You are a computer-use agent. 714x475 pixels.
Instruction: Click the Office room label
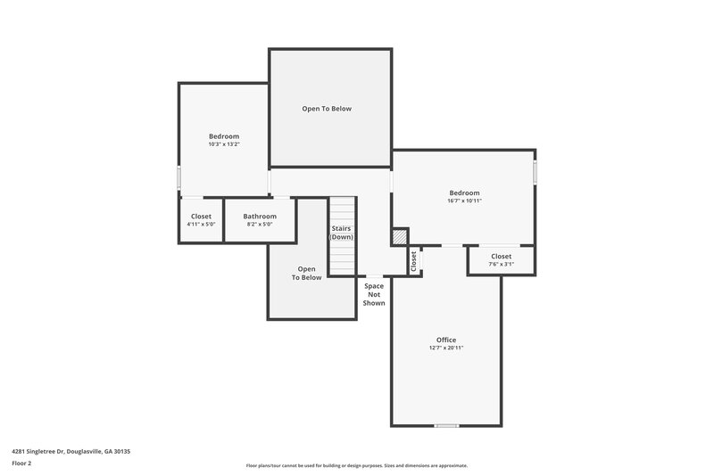(446, 340)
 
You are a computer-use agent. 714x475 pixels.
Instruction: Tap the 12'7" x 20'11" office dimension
(446, 348)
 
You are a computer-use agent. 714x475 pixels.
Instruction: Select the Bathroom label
(260, 216)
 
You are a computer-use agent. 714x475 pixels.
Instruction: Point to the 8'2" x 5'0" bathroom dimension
(260, 225)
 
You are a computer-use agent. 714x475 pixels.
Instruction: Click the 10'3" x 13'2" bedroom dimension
(224, 144)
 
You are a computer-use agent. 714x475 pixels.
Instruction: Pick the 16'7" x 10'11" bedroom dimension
(464, 201)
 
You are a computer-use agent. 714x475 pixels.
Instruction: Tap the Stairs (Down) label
(342, 233)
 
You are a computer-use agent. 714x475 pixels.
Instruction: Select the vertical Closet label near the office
(413, 261)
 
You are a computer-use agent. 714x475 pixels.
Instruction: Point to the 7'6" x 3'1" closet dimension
(502, 265)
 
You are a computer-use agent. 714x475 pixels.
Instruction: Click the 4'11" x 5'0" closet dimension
(201, 225)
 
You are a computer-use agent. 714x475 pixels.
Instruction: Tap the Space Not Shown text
(374, 294)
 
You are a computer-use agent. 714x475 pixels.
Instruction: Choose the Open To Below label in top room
(327, 109)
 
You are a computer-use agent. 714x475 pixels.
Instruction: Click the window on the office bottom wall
(446, 426)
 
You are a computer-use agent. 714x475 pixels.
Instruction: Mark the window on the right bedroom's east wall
(535, 171)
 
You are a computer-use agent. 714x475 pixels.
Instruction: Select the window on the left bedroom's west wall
(178, 178)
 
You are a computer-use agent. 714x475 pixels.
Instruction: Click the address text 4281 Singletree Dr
(71, 452)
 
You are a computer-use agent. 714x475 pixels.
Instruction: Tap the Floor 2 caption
(21, 463)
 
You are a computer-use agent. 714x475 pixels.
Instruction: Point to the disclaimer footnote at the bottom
(357, 465)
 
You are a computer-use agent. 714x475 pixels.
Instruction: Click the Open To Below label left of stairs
(306, 273)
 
